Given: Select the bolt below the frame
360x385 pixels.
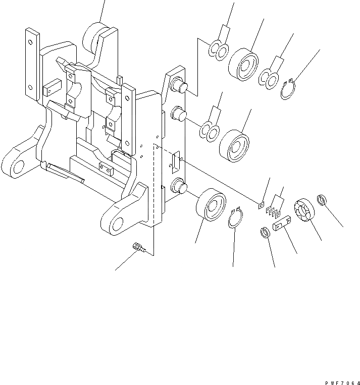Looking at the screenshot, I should coord(137,247).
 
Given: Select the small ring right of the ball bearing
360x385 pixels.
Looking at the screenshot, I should coord(323,201).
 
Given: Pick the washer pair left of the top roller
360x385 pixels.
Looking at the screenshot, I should coord(218,50).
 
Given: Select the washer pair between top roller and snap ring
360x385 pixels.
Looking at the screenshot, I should coord(269,78).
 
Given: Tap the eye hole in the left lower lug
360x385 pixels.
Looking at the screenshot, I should coord(20,166).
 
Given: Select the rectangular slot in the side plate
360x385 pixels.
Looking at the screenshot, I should coord(176,161).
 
